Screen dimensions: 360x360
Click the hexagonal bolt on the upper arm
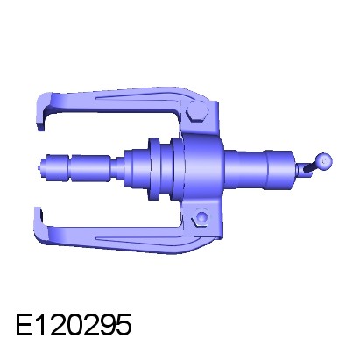(198, 111)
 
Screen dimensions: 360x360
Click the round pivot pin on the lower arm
(201, 217)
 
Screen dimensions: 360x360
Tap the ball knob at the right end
(324, 160)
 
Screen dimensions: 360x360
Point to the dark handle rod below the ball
(310, 167)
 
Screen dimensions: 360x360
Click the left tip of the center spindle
(40, 167)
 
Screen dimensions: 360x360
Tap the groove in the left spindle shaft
(70, 168)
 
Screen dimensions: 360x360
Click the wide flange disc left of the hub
(154, 169)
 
